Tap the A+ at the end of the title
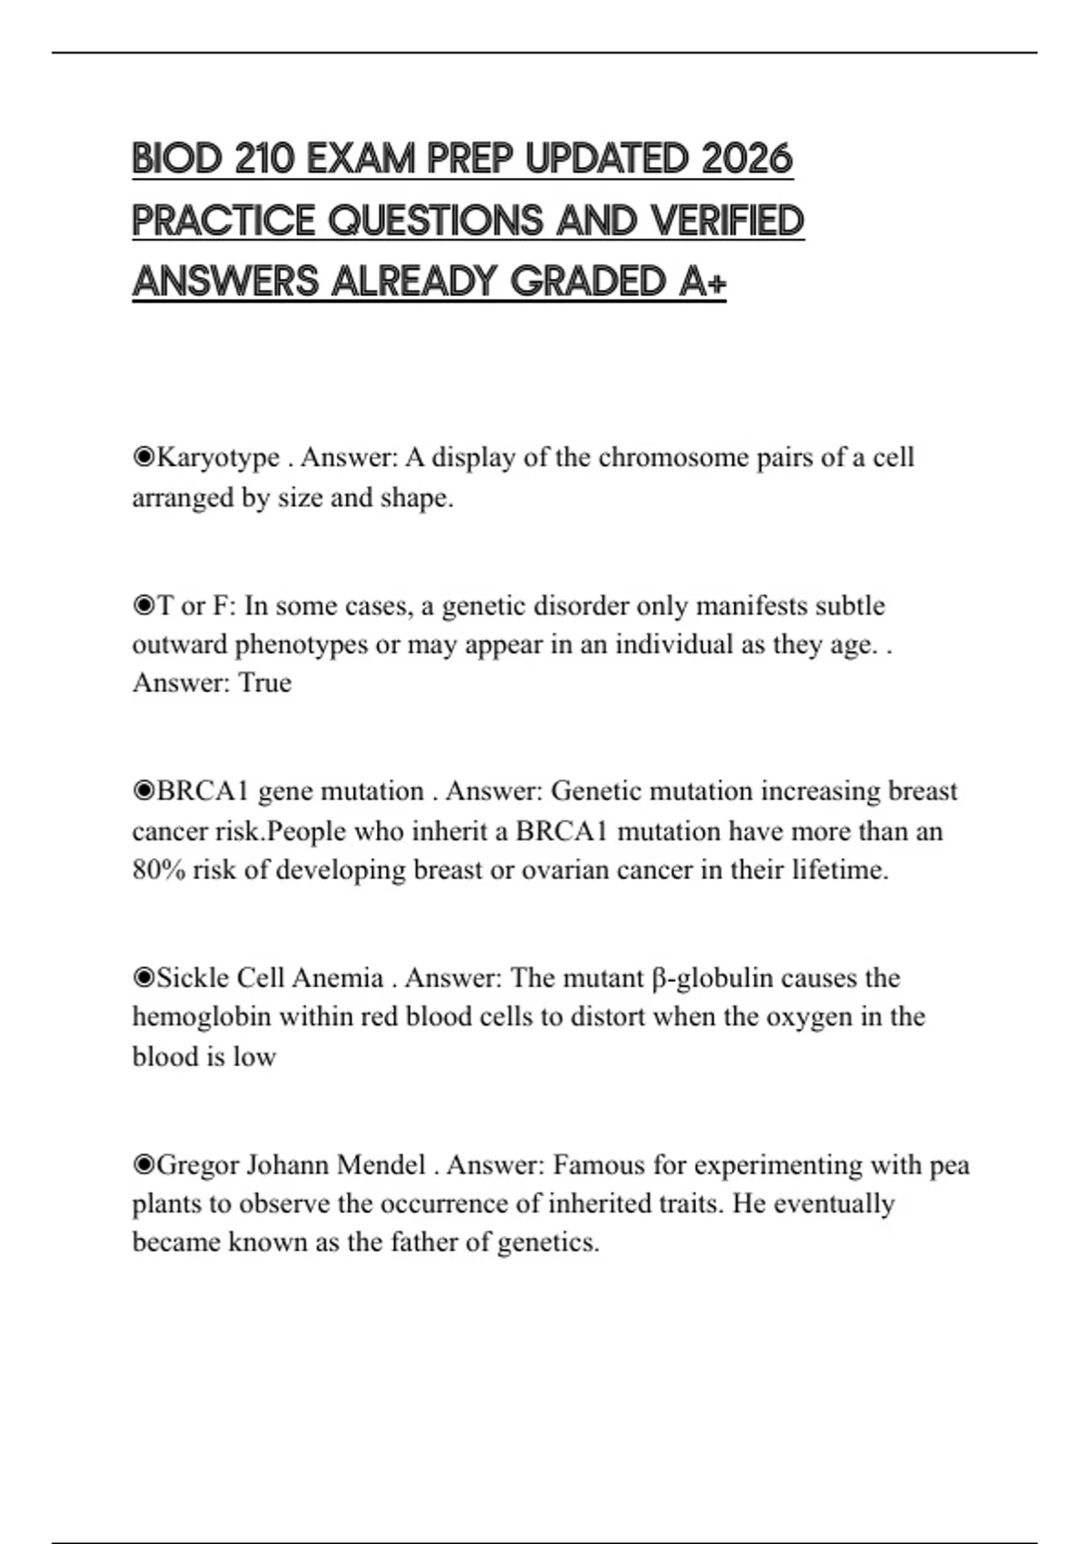click(x=702, y=282)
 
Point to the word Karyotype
click(x=218, y=457)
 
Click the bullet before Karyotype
click(x=144, y=457)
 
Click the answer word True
click(x=264, y=682)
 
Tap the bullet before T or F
click(x=144, y=606)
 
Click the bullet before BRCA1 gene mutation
click(x=144, y=791)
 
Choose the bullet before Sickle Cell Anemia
click(x=144, y=977)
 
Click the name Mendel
click(x=381, y=1164)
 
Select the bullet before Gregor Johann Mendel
click(x=144, y=1164)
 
